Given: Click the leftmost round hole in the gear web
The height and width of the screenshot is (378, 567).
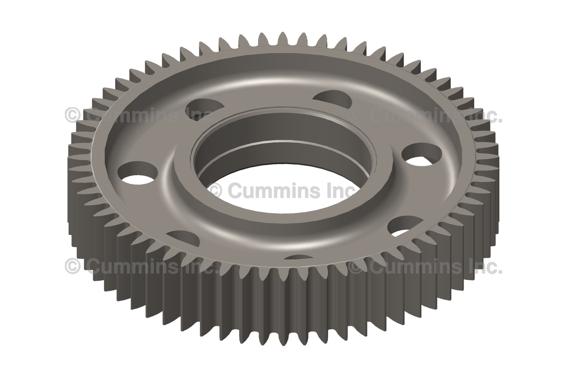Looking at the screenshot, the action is pos(138,173).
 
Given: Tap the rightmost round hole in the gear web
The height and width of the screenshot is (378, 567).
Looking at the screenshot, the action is pos(422,156).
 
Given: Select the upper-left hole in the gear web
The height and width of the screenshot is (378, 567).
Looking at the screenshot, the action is pos(205,106).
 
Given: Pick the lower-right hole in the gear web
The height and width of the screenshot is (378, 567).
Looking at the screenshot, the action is pos(405,226).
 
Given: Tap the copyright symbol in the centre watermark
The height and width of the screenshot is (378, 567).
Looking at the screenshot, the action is pos(217,190).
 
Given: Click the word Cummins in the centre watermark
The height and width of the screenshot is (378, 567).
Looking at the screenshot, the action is pos(275,190).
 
